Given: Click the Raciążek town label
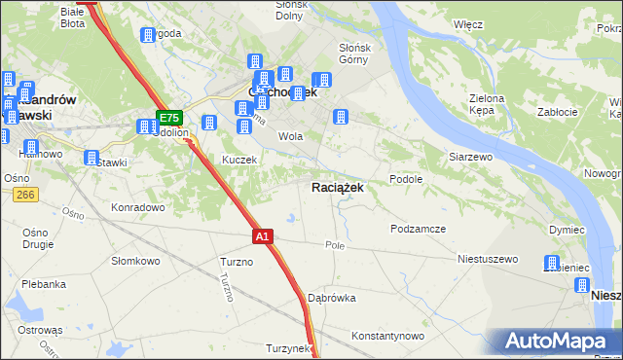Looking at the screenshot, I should (x=338, y=188).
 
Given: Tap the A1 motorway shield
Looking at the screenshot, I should (x=262, y=235).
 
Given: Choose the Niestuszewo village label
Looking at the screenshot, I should (x=488, y=260).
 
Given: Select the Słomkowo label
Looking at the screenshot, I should (x=135, y=261).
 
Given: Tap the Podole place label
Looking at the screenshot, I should (x=405, y=179).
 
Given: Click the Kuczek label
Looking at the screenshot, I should (x=238, y=160).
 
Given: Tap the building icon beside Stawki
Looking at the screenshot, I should (x=92, y=158).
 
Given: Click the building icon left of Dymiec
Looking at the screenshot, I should (x=552, y=264).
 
